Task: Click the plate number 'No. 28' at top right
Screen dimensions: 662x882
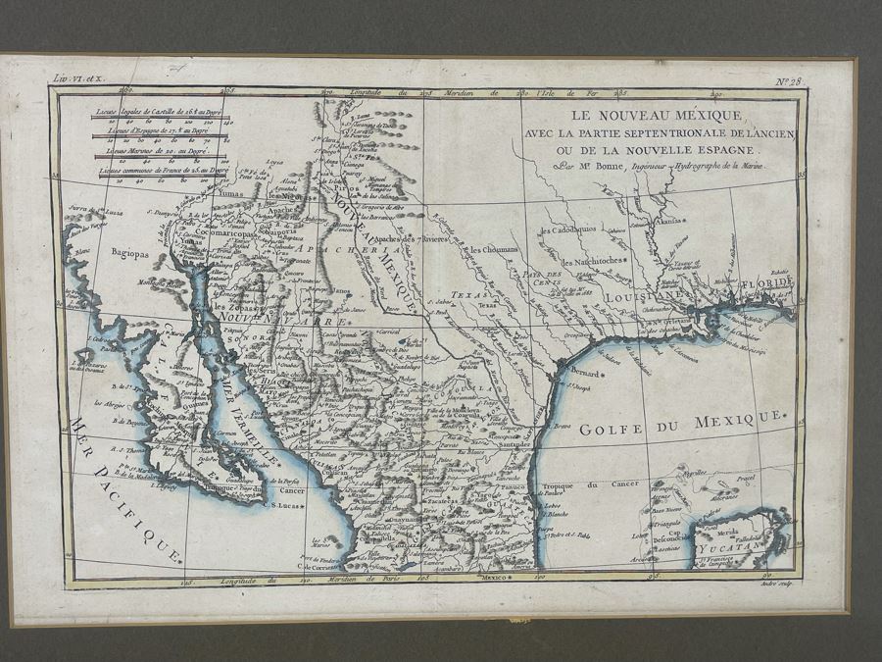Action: click(x=788, y=81)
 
